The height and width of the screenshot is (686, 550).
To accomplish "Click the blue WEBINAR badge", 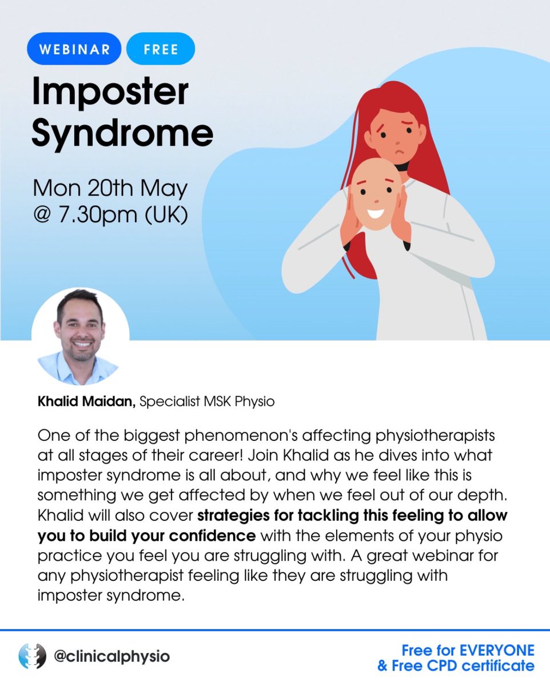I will (75, 49).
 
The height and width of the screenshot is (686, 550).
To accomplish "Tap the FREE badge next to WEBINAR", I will (160, 49).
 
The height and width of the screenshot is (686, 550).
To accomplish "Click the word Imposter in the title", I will (110, 91).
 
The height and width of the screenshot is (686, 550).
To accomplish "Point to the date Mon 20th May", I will (109, 189).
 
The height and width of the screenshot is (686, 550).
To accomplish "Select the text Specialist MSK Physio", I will (207, 402).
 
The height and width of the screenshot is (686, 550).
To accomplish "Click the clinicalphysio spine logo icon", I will (32, 656).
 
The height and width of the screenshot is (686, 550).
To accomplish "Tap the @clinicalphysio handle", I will (111, 656).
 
